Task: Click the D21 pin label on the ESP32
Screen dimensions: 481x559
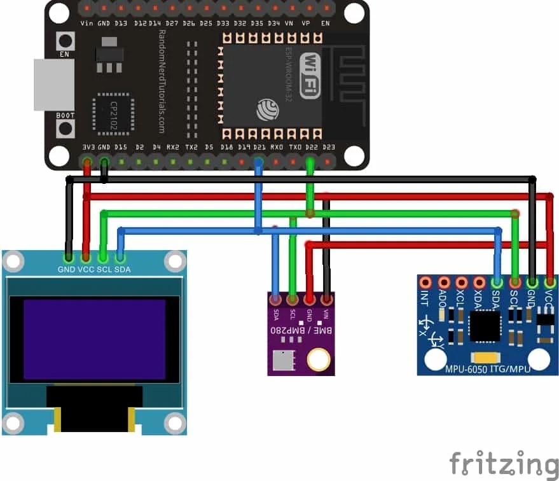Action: [x=259, y=147]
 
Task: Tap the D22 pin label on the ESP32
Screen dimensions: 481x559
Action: [x=310, y=147]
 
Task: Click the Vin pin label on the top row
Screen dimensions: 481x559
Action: [x=88, y=24]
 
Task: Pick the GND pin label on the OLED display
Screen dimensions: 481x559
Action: [x=66, y=269]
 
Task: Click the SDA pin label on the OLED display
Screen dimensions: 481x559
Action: [x=123, y=269]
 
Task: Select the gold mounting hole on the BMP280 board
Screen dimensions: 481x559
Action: [x=318, y=360]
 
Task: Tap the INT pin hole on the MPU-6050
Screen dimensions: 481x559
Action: [x=425, y=282]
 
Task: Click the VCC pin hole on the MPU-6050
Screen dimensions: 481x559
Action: [x=550, y=282]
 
